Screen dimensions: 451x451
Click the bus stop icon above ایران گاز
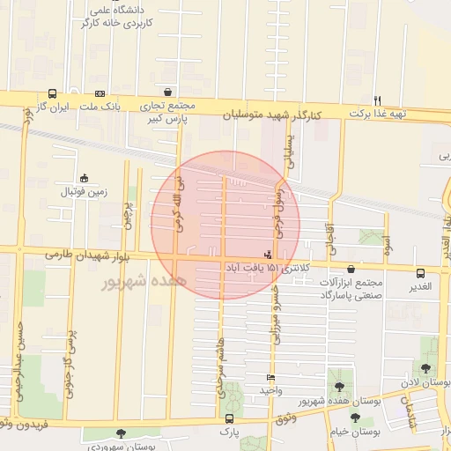pyautogui.click(x=52, y=92)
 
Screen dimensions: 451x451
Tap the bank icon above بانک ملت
pyautogui.click(x=100, y=92)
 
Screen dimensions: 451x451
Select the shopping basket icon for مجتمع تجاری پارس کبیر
pyautogui.click(x=167, y=92)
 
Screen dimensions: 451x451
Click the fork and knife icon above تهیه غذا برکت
pyautogui.click(x=377, y=100)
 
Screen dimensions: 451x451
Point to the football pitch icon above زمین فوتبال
pyautogui.click(x=85, y=177)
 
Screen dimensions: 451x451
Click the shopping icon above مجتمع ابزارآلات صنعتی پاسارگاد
pyautogui.click(x=351, y=270)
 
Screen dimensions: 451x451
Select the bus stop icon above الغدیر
pyautogui.click(x=419, y=273)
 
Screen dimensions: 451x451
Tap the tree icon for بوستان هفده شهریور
pyautogui.click(x=338, y=387)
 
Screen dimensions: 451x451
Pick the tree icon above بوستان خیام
pyautogui.click(x=355, y=418)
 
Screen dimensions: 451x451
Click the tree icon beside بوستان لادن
pyautogui.click(x=427, y=368)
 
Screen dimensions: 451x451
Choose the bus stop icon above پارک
pyautogui.click(x=229, y=419)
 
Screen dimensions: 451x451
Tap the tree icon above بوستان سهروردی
pyautogui.click(x=120, y=434)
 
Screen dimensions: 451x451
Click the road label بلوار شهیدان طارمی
pyautogui.click(x=85, y=255)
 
